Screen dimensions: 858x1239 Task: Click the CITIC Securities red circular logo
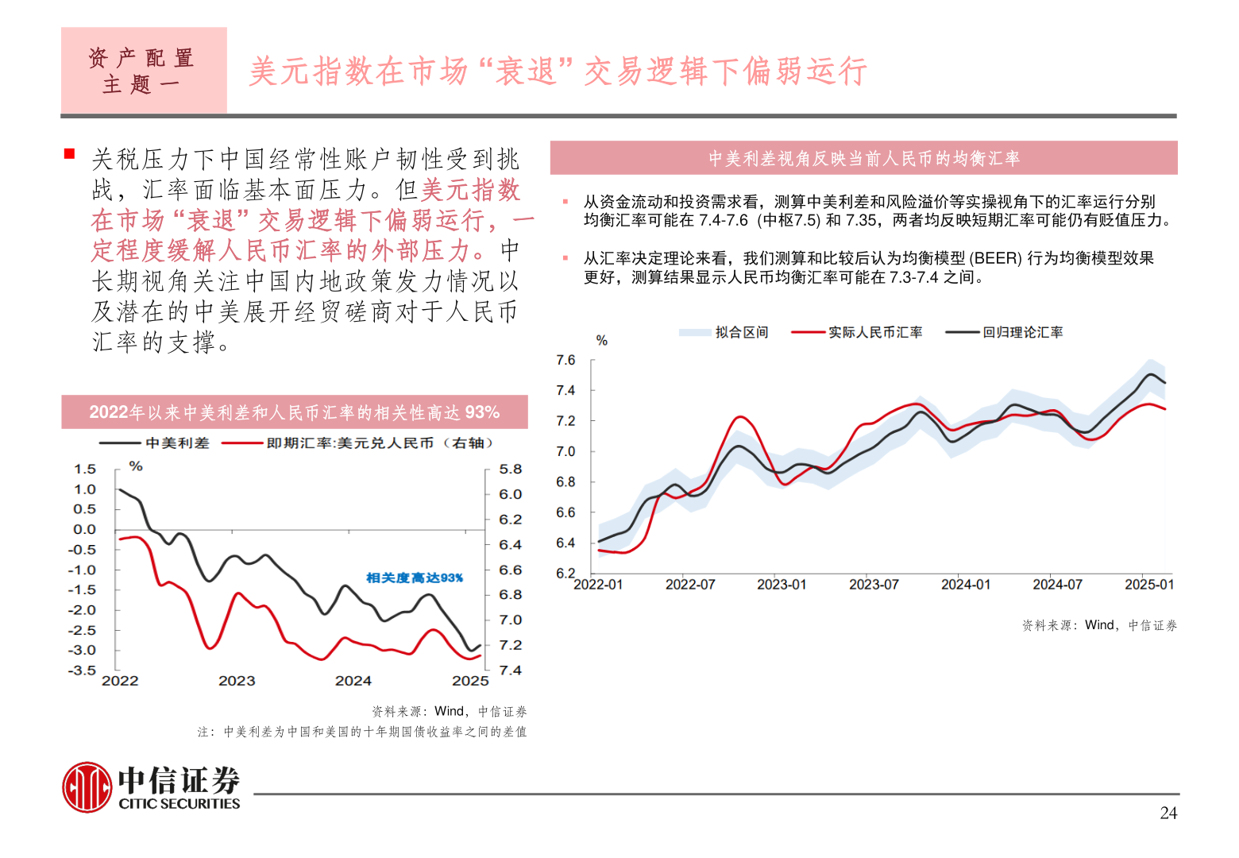point(87,787)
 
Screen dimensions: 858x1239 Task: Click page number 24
point(1168,813)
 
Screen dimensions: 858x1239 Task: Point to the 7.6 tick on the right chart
point(565,361)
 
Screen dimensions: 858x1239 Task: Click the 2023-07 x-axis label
point(874,585)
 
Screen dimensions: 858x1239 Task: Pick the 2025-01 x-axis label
point(1148,585)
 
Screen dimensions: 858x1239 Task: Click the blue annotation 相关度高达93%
point(415,578)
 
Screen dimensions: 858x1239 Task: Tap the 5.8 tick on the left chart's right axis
point(511,470)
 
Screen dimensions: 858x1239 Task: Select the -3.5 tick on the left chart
point(82,671)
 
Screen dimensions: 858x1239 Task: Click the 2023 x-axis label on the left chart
point(237,681)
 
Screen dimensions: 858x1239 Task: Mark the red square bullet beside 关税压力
point(70,153)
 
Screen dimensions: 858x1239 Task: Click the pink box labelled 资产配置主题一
point(144,70)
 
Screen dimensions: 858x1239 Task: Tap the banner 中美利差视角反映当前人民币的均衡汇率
point(863,158)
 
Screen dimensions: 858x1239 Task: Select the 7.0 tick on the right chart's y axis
point(565,452)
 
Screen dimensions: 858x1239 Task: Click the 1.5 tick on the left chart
point(84,470)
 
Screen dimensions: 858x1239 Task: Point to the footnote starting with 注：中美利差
point(362,732)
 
